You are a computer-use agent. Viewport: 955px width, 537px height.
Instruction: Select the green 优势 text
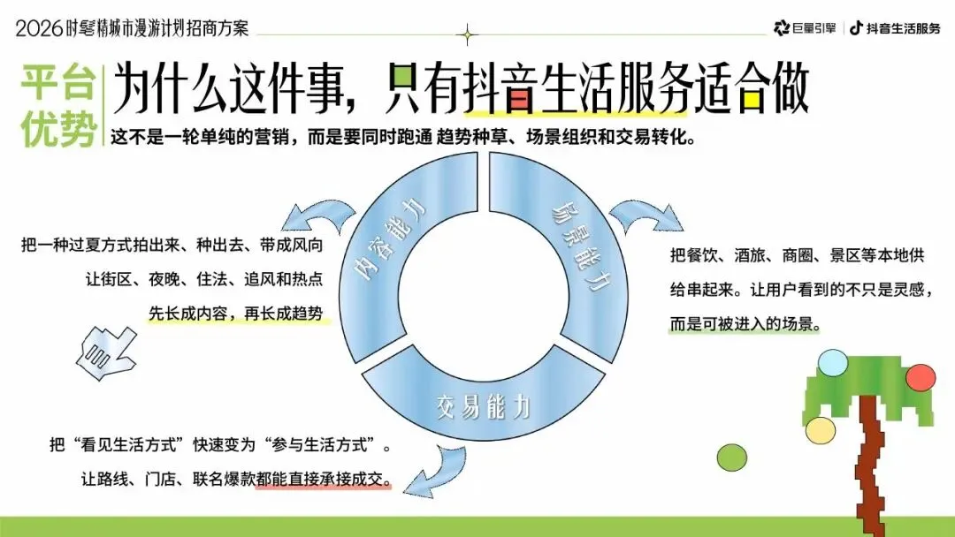59,132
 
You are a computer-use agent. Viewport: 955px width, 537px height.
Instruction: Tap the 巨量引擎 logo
804,28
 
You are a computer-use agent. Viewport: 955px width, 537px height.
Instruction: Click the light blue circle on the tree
832,362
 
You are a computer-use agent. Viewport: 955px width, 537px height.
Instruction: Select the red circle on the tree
921,377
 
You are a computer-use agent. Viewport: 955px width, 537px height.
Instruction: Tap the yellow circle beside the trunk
821,430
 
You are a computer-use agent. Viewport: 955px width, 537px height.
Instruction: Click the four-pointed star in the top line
468,34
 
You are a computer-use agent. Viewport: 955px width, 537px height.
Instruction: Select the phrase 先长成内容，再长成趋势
236,313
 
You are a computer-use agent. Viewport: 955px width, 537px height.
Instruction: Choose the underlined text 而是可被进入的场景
745,324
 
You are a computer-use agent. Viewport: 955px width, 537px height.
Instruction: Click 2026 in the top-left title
39,28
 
